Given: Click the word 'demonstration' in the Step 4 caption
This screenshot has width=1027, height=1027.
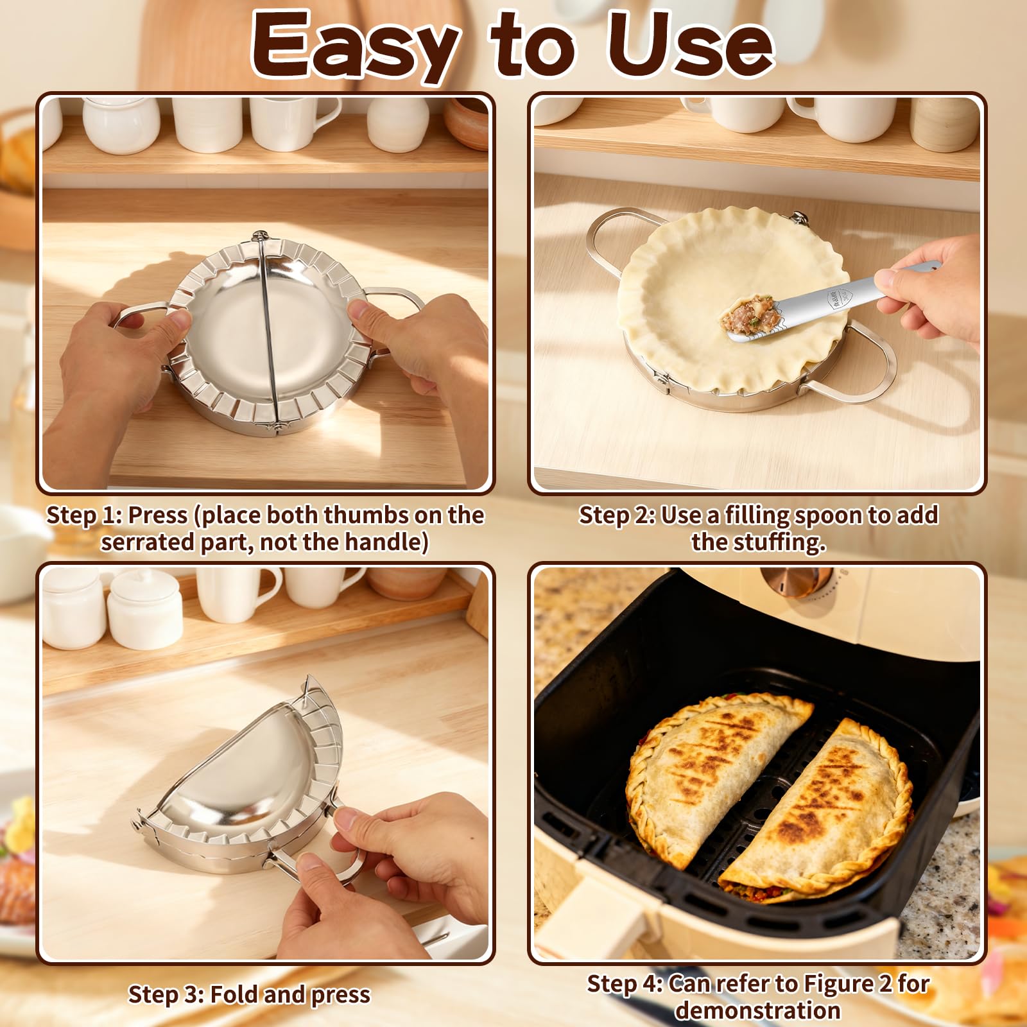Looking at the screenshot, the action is point(757,1010).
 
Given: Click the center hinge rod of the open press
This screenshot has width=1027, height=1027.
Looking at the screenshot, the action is point(268,334).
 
